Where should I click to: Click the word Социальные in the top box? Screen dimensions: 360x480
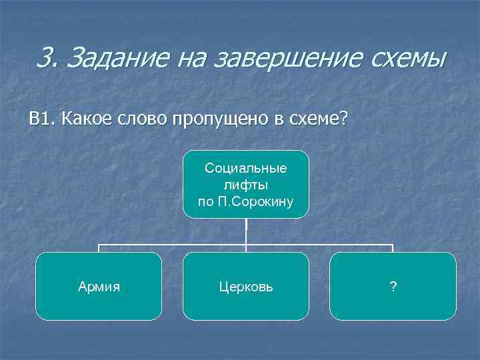click(x=246, y=168)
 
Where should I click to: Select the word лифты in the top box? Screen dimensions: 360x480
click(x=246, y=185)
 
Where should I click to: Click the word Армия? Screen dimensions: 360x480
click(x=99, y=287)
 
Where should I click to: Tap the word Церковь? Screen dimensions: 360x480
click(x=246, y=287)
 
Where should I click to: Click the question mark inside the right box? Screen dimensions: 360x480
click(x=393, y=287)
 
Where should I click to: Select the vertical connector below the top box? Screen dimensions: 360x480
click(x=246, y=232)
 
